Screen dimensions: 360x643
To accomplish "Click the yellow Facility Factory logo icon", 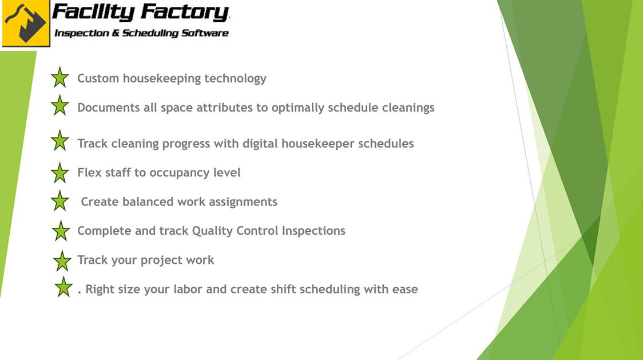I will click(26, 23).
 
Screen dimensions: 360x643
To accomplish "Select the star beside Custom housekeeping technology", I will click(59, 77).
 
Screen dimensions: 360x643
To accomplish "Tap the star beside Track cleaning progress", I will click(59, 140).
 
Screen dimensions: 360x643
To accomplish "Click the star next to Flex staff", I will click(59, 172).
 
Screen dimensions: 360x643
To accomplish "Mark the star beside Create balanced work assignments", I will click(59, 201).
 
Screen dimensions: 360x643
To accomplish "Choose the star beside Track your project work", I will click(62, 260).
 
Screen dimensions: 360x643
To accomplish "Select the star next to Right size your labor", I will click(63, 287).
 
